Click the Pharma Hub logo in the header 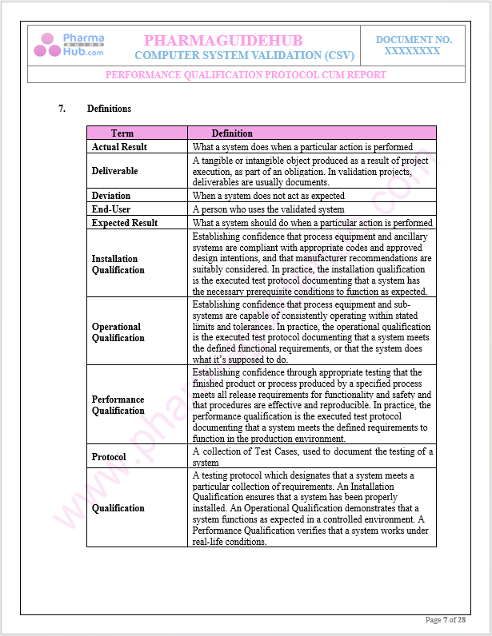pyautogui.click(x=70, y=45)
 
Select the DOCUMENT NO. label pyautogui.click(x=414, y=39)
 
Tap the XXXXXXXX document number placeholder pyautogui.click(x=413, y=50)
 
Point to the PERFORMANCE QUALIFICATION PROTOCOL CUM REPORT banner pyautogui.click(x=246, y=75)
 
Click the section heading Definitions pyautogui.click(x=109, y=109)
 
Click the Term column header pyautogui.click(x=122, y=133)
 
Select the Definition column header pyautogui.click(x=232, y=133)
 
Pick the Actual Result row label pyautogui.click(x=119, y=147)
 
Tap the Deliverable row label pyautogui.click(x=114, y=171)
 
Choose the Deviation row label pyautogui.click(x=111, y=196)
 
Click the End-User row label pyautogui.click(x=111, y=209)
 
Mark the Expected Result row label pyautogui.click(x=125, y=223)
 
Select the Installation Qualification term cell pyautogui.click(x=118, y=264)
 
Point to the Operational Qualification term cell pyautogui.click(x=118, y=332)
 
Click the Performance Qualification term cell pyautogui.click(x=118, y=405)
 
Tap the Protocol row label pyautogui.click(x=109, y=457)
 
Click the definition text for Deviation pyautogui.click(x=269, y=196)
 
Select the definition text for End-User pyautogui.click(x=268, y=209)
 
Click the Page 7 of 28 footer pyautogui.click(x=445, y=620)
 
